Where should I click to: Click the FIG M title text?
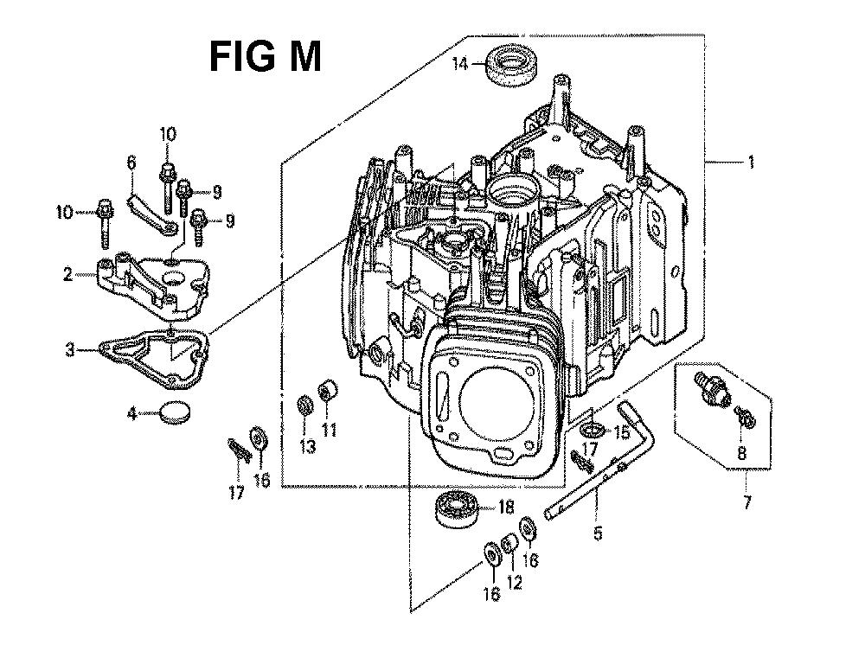pos(265,57)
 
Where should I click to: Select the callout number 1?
pos(750,162)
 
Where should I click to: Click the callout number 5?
pos(598,533)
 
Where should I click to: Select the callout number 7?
pos(746,502)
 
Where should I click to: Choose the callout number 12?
pos(514,582)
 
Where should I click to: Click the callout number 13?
pos(307,446)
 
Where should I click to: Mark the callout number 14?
pos(459,65)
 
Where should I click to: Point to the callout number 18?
pos(506,507)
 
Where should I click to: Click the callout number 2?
pos(67,274)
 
